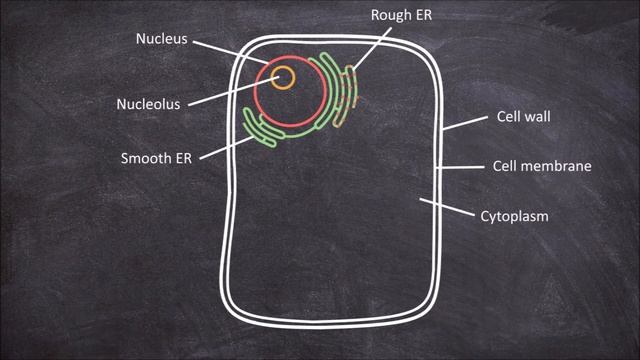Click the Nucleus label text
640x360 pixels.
(161, 39)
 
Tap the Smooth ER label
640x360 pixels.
(155, 158)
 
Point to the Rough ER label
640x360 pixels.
(400, 15)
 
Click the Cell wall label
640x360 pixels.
(524, 117)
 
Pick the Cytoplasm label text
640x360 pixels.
(515, 215)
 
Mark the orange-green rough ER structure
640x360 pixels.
(346, 95)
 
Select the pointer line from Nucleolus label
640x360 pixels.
(230, 90)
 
